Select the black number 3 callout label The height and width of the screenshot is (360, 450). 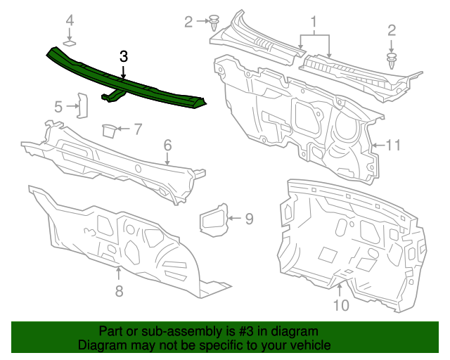click(123, 57)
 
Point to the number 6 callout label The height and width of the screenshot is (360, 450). click(167, 146)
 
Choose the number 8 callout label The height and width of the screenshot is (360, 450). click(118, 290)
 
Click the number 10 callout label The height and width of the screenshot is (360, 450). click(340, 305)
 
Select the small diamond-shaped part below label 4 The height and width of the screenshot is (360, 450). click(70, 44)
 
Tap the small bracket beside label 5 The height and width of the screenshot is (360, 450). click(81, 106)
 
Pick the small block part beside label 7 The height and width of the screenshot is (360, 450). click(109, 129)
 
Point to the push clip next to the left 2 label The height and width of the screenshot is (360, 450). click(213, 22)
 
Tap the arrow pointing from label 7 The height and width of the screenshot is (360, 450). click(124, 129)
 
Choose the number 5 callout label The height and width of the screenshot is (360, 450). click(59, 107)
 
